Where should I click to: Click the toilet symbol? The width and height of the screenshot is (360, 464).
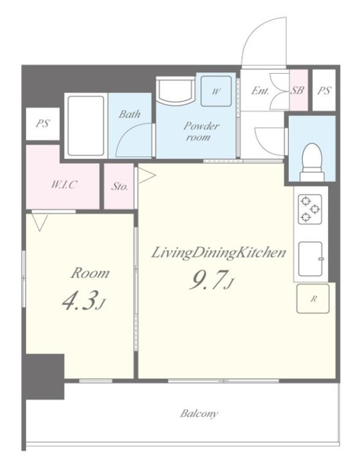tap(312, 162)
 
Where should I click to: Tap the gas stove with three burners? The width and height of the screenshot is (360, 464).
tap(310, 209)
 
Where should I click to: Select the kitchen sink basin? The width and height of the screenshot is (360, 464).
tap(310, 259)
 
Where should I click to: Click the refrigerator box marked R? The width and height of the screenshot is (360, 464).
tap(313, 299)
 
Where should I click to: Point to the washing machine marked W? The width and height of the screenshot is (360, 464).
tap(216, 91)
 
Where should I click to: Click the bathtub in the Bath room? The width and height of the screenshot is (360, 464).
tap(86, 126)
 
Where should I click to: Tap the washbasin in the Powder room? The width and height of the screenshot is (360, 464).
tap(175, 91)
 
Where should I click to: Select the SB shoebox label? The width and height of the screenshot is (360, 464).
tap(297, 90)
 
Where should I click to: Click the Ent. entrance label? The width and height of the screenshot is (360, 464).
tap(260, 91)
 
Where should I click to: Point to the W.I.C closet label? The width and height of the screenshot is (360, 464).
tap(64, 185)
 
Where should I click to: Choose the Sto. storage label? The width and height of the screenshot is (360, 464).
tap(120, 186)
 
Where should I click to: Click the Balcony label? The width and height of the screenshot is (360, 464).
tap(199, 414)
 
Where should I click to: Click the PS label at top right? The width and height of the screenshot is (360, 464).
tap(325, 90)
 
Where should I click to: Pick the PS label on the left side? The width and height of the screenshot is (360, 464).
tap(43, 124)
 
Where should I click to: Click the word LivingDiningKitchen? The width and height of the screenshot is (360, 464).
tap(218, 253)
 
